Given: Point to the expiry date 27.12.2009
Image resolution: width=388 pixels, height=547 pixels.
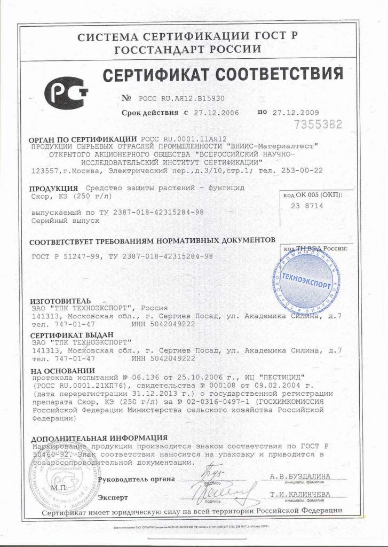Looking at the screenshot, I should click(295, 112).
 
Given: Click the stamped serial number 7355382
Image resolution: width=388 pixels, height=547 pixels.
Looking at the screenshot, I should click(319, 126).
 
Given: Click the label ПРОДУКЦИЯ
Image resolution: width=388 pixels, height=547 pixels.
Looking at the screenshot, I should click(50, 189).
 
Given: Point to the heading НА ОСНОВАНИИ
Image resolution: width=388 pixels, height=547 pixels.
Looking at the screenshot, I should click(62, 371).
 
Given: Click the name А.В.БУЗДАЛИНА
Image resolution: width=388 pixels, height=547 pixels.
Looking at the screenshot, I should click(299, 476).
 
